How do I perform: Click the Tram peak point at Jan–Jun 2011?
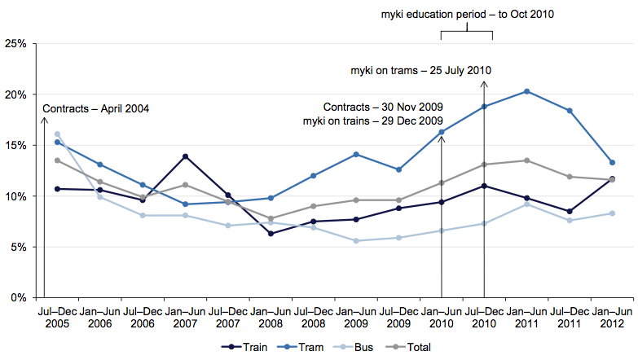click(x=526, y=91)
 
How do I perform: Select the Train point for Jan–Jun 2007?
click(x=186, y=156)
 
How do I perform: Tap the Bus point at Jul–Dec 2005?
click(x=57, y=134)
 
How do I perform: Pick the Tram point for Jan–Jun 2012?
click(x=612, y=162)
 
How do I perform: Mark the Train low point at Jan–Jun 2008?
click(x=271, y=234)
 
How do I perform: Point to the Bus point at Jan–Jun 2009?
click(x=356, y=240)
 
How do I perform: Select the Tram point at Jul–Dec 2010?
click(x=484, y=107)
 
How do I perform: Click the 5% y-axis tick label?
click(x=19, y=247)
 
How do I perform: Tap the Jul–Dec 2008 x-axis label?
click(x=313, y=316)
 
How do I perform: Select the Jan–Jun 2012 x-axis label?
click(x=611, y=316)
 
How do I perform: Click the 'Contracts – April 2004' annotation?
click(x=96, y=108)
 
